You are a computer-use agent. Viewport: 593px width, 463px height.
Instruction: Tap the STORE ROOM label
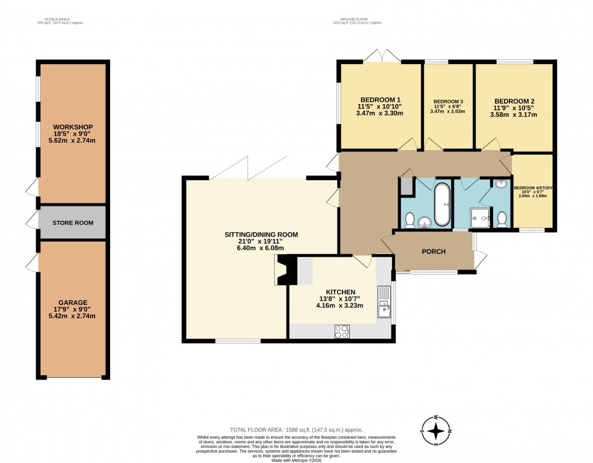click(73, 223)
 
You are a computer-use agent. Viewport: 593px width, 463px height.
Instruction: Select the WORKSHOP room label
click(73, 126)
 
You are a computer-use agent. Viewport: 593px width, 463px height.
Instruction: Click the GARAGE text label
click(73, 302)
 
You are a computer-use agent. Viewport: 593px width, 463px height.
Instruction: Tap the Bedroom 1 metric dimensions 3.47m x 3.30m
click(379, 113)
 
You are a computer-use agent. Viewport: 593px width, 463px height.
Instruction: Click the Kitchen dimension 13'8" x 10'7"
click(341, 298)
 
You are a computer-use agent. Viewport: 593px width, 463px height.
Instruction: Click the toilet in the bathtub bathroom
click(409, 219)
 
